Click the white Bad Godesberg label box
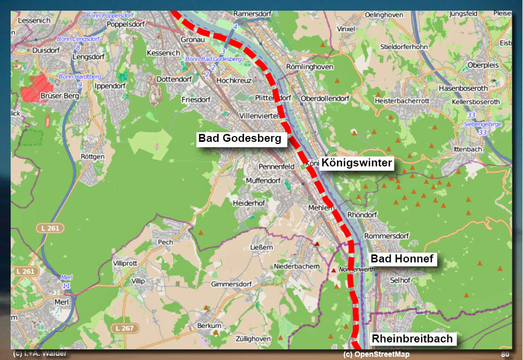[x=239, y=139]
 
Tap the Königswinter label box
[x=357, y=163]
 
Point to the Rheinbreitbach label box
[x=412, y=339]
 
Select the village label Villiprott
[x=125, y=263]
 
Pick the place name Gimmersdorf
[x=231, y=284]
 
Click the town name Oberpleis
[x=482, y=65]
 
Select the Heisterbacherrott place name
[x=402, y=100]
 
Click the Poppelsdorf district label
[x=126, y=24]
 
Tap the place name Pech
[x=166, y=242]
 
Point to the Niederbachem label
[x=296, y=266]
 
